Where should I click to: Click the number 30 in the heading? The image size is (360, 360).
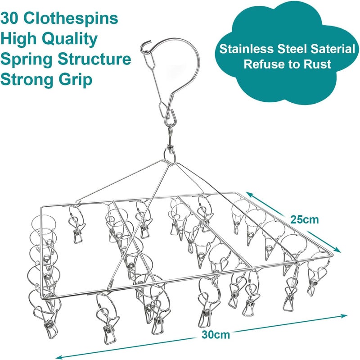9,18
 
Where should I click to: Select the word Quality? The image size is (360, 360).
70,40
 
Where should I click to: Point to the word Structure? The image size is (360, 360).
94,59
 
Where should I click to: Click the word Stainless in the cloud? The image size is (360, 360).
246,49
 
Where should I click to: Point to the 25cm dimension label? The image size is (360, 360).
305,220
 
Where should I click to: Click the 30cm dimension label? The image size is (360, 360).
216,335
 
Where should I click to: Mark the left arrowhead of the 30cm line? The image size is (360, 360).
58,357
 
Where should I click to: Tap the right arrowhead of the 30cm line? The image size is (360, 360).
344,315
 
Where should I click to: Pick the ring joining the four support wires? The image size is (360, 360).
170,155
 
